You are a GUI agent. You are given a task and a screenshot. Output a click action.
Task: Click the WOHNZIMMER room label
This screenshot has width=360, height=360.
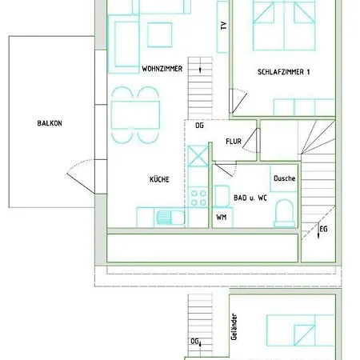point(162,69)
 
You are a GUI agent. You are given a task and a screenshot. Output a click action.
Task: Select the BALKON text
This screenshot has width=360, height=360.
point(49,123)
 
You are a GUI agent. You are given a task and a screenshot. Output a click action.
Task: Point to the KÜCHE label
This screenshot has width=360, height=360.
point(158,180)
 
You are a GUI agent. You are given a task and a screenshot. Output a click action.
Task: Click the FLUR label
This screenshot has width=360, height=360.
point(233,142)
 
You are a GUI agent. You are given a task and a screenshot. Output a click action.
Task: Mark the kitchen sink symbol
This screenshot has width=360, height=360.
point(166,216)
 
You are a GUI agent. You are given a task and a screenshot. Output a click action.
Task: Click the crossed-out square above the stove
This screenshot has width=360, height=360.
point(198,154)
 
